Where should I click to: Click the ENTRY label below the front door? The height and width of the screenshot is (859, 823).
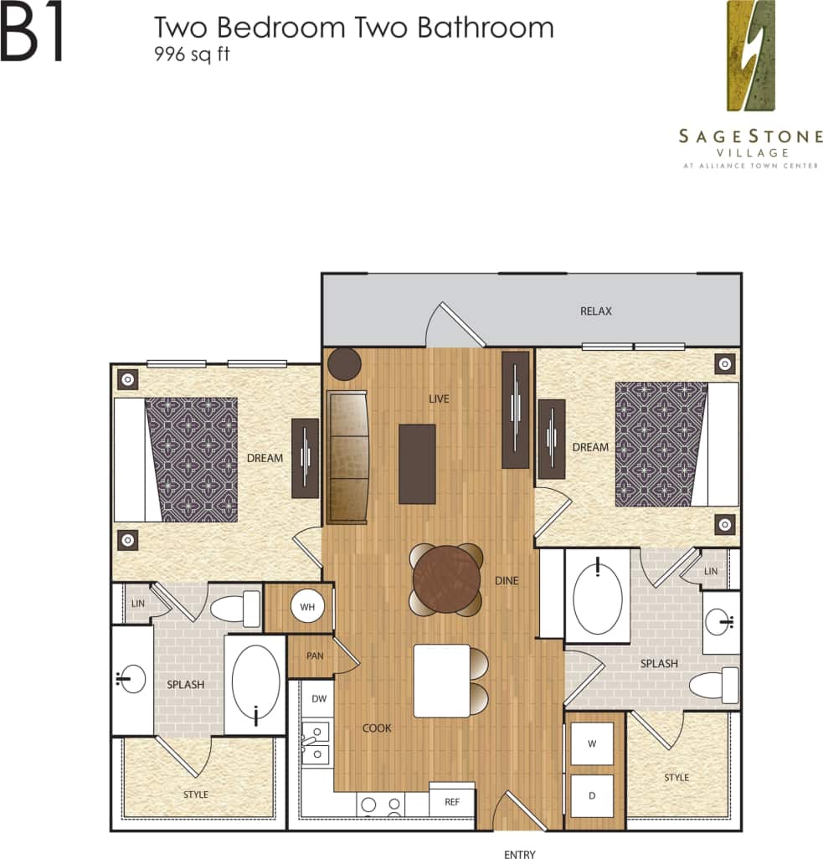519,854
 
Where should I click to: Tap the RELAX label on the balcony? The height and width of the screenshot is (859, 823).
596,311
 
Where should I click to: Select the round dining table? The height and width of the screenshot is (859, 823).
445,579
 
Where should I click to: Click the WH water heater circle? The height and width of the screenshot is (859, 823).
306,607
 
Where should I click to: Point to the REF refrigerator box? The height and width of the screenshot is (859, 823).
451,801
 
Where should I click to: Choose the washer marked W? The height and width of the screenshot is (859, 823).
592,743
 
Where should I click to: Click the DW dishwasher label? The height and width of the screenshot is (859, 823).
319,698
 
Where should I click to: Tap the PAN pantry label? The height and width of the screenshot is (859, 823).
315,656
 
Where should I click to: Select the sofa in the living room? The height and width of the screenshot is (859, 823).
347,457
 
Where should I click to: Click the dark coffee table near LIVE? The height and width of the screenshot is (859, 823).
417,464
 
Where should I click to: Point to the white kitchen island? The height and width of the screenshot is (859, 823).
441,681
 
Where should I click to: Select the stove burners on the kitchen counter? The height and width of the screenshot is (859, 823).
380,805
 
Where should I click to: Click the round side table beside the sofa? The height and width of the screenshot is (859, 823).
344,363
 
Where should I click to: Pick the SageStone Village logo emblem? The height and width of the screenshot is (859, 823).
750,56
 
